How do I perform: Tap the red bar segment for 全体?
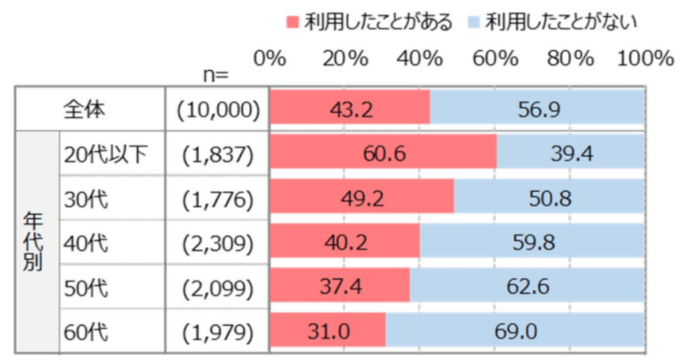[x=349, y=109]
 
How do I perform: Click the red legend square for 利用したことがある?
[x=292, y=23]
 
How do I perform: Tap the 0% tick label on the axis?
[x=270, y=59]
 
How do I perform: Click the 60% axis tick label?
[x=495, y=59]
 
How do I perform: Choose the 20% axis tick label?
[x=345, y=59]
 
